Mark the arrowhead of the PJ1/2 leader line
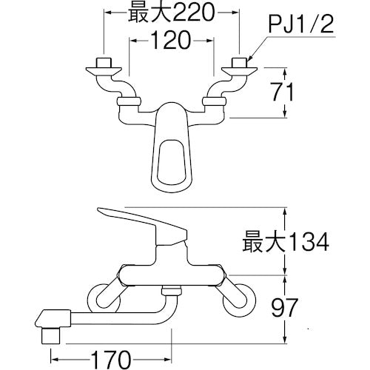tap(250, 59)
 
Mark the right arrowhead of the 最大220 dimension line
tap(236, 13)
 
